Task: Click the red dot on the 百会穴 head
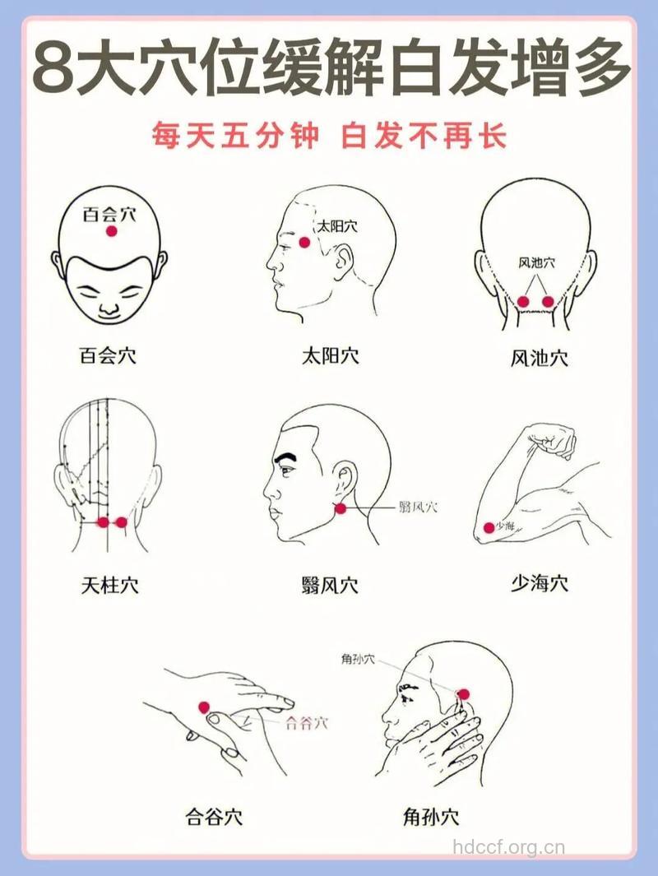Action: coord(112,232)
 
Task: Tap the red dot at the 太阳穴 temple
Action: coord(304,242)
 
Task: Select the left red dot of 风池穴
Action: coord(523,302)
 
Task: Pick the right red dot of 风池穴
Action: coord(549,302)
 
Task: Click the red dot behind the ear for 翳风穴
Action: coord(341,508)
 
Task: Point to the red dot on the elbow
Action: coord(489,527)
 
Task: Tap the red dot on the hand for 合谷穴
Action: coord(204,707)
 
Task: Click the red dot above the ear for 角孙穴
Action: coord(462,695)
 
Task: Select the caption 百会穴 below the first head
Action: coord(108,356)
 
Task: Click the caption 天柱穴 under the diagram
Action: coord(109,585)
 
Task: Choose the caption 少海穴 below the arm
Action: coord(540,583)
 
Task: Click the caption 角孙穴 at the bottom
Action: coord(431,818)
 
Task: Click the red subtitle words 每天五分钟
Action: coord(234,137)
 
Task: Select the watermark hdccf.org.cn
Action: coord(510,847)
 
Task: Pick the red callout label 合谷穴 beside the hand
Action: coord(306,723)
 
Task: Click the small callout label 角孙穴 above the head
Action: coord(358,659)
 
